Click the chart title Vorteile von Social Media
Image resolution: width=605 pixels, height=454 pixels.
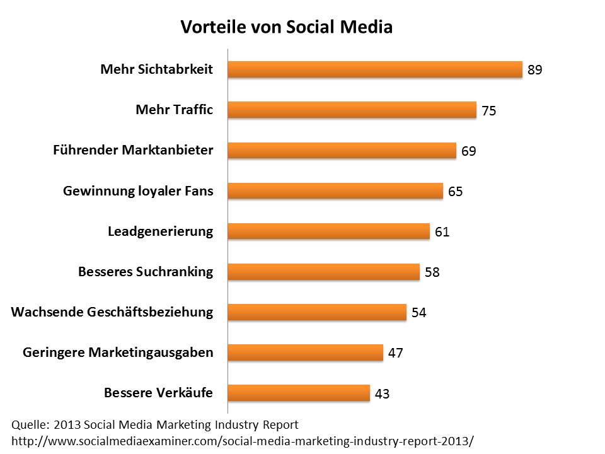[287, 28]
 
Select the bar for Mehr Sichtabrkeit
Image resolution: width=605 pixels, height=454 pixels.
[374, 69]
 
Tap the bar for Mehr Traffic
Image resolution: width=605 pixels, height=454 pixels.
[352, 110]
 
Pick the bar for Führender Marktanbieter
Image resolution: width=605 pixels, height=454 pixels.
[342, 150]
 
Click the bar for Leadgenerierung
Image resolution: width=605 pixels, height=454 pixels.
[328, 231]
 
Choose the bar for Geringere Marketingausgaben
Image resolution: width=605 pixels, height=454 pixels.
[305, 352]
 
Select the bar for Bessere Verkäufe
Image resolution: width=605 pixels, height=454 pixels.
[299, 393]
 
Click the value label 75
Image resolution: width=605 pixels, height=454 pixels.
[489, 111]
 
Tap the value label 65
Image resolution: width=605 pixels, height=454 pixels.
[456, 192]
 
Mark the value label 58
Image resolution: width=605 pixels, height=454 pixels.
[432, 272]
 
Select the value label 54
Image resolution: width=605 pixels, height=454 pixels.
[419, 313]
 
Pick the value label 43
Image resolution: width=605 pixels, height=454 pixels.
[382, 394]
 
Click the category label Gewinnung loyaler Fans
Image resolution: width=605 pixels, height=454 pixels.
[138, 191]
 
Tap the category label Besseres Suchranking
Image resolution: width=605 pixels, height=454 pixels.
[146, 272]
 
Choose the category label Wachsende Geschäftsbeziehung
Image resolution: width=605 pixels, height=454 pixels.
[112, 312]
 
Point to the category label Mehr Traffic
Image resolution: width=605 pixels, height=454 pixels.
[175, 110]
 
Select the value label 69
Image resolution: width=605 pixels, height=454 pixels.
[468, 151]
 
